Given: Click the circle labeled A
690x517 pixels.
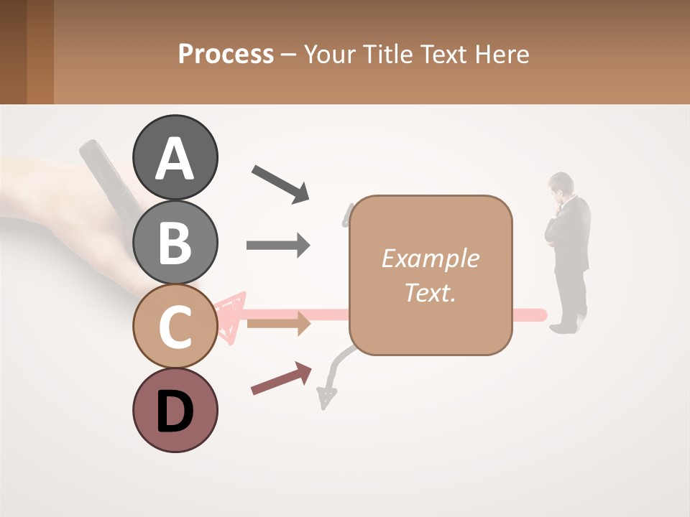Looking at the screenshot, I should [x=175, y=157].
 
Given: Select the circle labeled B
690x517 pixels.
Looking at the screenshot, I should [x=175, y=241].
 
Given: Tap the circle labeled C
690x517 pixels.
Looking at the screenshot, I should [x=175, y=325].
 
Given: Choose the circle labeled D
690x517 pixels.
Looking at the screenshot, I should [x=175, y=410].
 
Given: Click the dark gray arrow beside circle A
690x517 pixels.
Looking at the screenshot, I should [x=280, y=183].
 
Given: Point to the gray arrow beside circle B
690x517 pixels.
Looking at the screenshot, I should [x=278, y=246].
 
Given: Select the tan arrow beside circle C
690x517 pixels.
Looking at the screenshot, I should [x=278, y=324].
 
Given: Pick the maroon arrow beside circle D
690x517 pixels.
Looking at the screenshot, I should [x=281, y=378].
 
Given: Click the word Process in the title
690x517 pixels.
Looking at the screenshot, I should [x=226, y=54].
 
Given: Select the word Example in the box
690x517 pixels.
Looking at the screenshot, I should [x=430, y=258].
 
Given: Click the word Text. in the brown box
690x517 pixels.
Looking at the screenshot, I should [x=430, y=292].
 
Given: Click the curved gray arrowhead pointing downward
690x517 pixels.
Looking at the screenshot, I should [x=327, y=397].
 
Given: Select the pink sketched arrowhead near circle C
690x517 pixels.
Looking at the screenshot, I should [x=231, y=316].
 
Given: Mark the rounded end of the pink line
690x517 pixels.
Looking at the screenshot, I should [x=541, y=315].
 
